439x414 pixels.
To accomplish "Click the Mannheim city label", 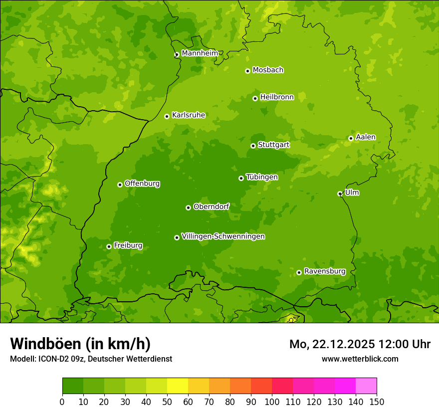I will (x=200, y=53).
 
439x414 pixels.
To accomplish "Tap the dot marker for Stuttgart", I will (x=253, y=146).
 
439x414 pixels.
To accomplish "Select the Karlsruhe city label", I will (x=188, y=115).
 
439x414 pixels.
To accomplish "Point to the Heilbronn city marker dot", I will (x=255, y=98).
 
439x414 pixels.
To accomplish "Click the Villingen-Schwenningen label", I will (x=223, y=236).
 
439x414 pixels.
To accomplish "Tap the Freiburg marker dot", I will (x=109, y=246).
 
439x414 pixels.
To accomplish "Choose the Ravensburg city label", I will (x=324, y=271).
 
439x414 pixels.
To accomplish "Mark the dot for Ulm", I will (x=340, y=194).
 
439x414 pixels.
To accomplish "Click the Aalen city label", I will (x=365, y=137).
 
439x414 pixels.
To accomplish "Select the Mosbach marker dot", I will (x=247, y=71).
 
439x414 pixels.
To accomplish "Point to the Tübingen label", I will (x=261, y=177).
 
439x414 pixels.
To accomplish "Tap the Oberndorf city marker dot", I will (x=188, y=207).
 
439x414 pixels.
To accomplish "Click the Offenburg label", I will (x=142, y=184).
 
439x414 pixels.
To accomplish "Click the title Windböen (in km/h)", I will (x=80, y=344).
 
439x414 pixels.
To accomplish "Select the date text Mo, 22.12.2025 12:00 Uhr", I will (x=360, y=344).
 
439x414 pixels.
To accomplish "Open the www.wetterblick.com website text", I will (x=360, y=359).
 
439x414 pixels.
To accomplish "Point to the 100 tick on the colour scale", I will (x=272, y=402).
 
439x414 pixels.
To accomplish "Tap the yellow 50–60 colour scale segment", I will (x=178, y=386).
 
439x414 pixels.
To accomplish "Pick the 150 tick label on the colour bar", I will (x=377, y=402).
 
